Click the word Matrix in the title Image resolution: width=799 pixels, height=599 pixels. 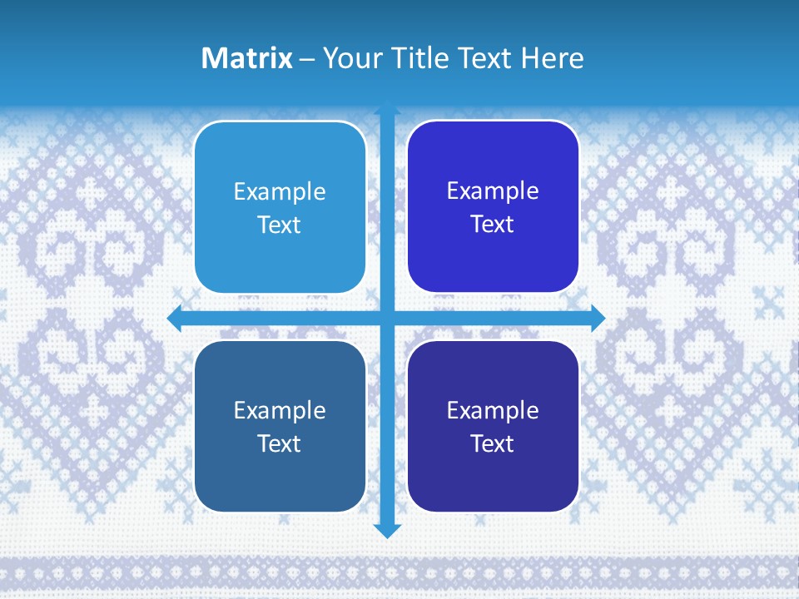(x=246, y=58)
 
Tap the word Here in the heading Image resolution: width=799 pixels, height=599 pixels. (x=552, y=58)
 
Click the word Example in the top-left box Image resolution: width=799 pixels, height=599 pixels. (x=280, y=192)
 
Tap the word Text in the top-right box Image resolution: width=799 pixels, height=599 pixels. (x=493, y=225)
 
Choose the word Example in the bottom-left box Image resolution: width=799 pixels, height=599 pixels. (x=280, y=411)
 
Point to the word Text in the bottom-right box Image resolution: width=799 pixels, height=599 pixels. (x=493, y=444)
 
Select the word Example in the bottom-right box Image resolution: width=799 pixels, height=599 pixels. (x=493, y=411)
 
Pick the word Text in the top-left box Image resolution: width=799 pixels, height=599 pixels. (x=280, y=225)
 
